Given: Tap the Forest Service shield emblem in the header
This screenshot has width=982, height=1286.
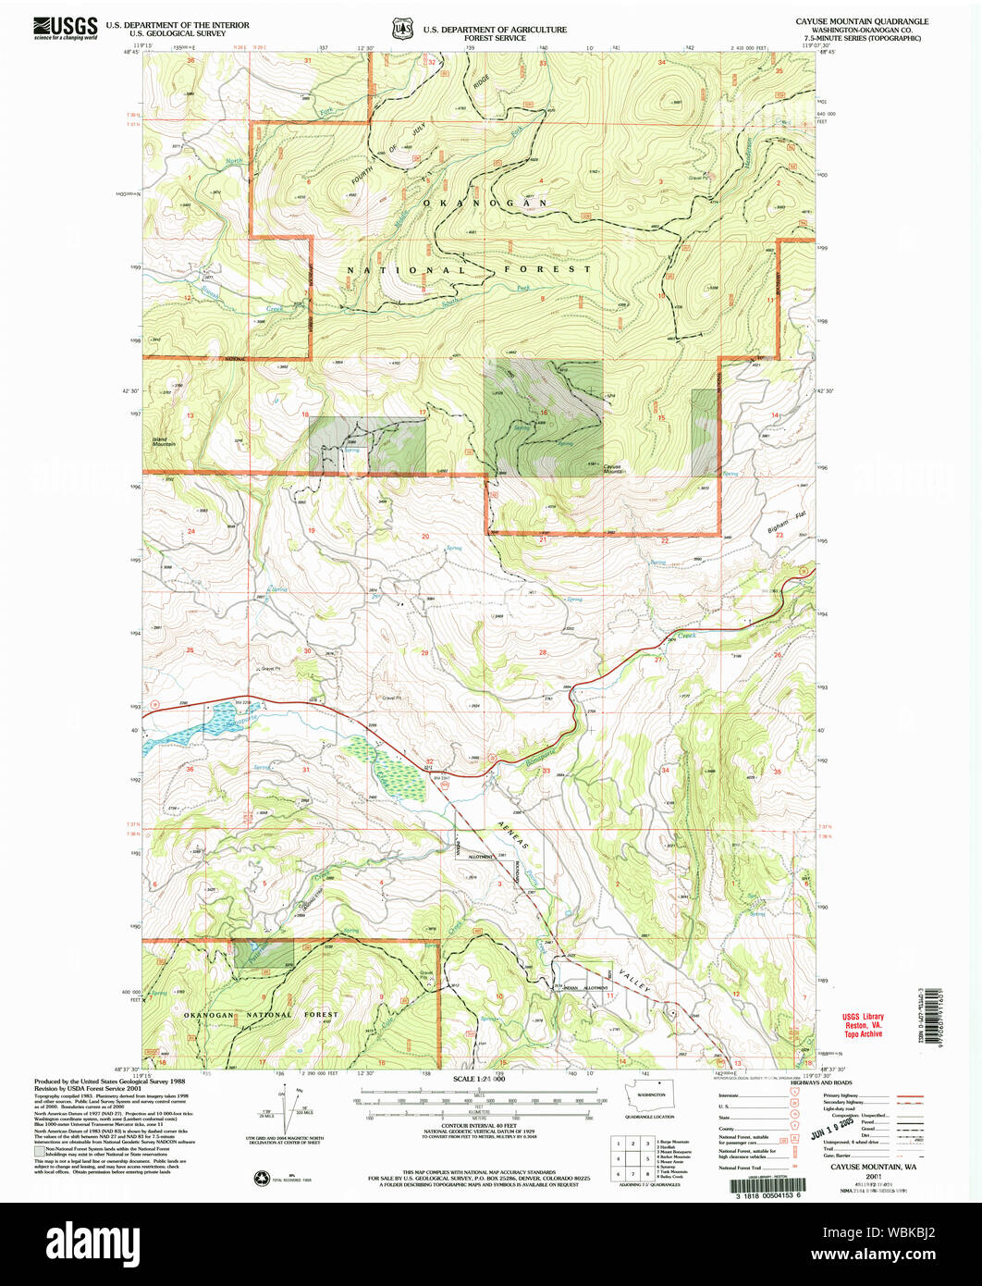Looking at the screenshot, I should [403, 29].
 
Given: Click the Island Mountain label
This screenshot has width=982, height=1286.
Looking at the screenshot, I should [165, 442].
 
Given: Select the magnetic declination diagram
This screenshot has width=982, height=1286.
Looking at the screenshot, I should [296, 1110].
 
